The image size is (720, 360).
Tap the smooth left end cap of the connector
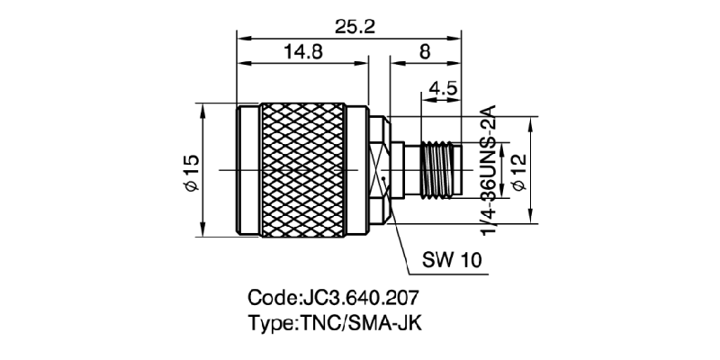click(247, 171)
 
